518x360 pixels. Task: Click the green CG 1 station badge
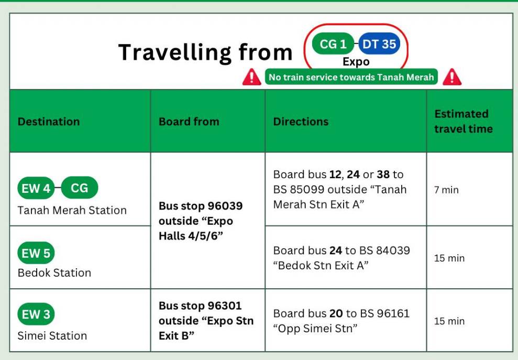333,43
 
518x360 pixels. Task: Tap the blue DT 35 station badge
379,43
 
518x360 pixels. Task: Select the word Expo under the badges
356,62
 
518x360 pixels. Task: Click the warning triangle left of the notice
252,77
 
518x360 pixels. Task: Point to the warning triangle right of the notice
452,77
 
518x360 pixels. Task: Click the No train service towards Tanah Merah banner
351,77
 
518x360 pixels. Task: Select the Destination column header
49,122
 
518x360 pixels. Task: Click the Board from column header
189,122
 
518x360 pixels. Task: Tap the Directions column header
301,122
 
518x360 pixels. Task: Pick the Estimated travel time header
463,122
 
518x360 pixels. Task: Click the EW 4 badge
36,188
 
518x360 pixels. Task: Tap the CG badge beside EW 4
80,188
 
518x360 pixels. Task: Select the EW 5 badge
36,253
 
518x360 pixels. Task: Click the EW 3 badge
36,314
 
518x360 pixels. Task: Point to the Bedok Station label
54,272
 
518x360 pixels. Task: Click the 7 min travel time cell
446,190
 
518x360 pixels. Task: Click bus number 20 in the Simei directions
336,313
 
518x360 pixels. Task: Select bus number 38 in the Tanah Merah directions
383,174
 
